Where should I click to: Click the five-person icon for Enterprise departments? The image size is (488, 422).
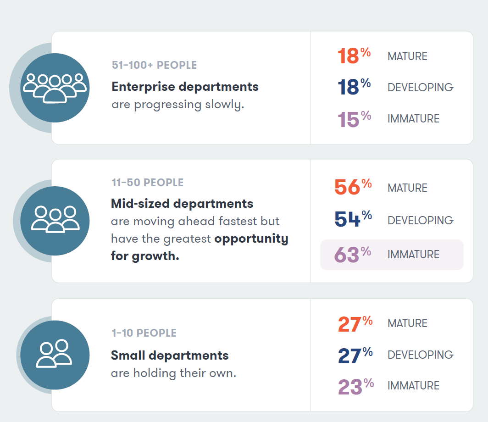point(55,87)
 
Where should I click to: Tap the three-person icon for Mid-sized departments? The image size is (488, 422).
point(55,221)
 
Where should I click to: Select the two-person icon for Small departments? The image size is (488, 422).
point(55,354)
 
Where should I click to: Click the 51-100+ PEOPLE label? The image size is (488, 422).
point(154,65)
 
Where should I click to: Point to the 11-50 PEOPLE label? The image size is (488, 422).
point(147,183)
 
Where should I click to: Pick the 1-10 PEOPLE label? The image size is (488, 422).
point(144,333)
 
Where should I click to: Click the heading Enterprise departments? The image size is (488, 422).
point(185,87)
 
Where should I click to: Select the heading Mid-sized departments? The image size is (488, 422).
point(182,203)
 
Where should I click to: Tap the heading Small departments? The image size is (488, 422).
point(170,355)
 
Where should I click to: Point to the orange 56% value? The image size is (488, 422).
point(353,187)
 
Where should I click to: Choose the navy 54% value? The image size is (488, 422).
point(353,219)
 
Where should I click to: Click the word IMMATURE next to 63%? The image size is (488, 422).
point(413,255)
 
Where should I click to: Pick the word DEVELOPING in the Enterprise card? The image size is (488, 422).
point(420,88)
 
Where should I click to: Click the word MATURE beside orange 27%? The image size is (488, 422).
point(407,323)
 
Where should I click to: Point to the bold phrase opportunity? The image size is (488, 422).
point(251,239)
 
